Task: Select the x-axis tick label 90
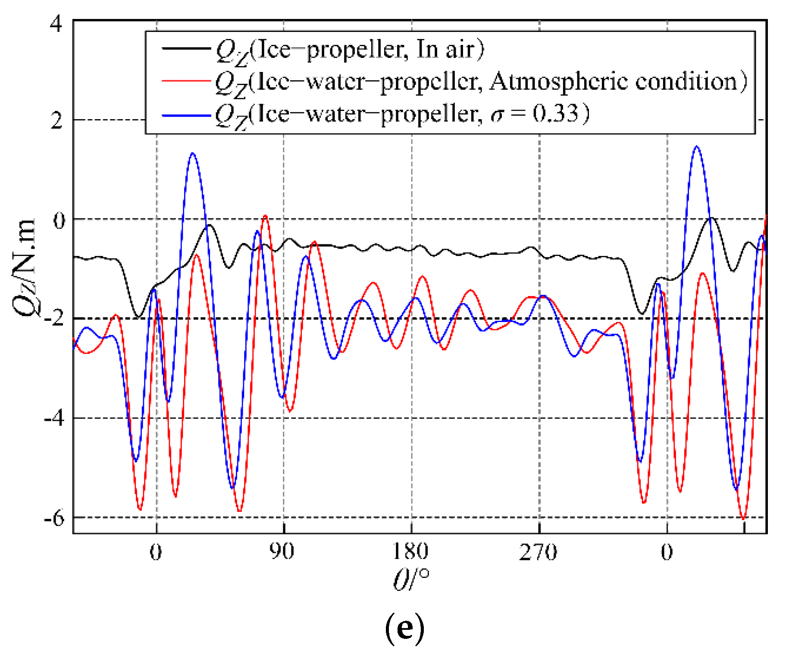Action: click(x=282, y=552)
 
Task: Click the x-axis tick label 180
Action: click(x=410, y=552)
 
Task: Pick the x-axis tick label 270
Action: click(x=538, y=552)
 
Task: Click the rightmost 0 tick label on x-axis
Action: click(x=667, y=552)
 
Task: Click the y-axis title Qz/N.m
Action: click(x=24, y=268)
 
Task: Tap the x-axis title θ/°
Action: click(x=411, y=579)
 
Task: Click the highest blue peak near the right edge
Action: click(x=697, y=147)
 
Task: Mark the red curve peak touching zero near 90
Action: click(x=265, y=216)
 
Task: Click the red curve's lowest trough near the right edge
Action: click(x=743, y=518)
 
